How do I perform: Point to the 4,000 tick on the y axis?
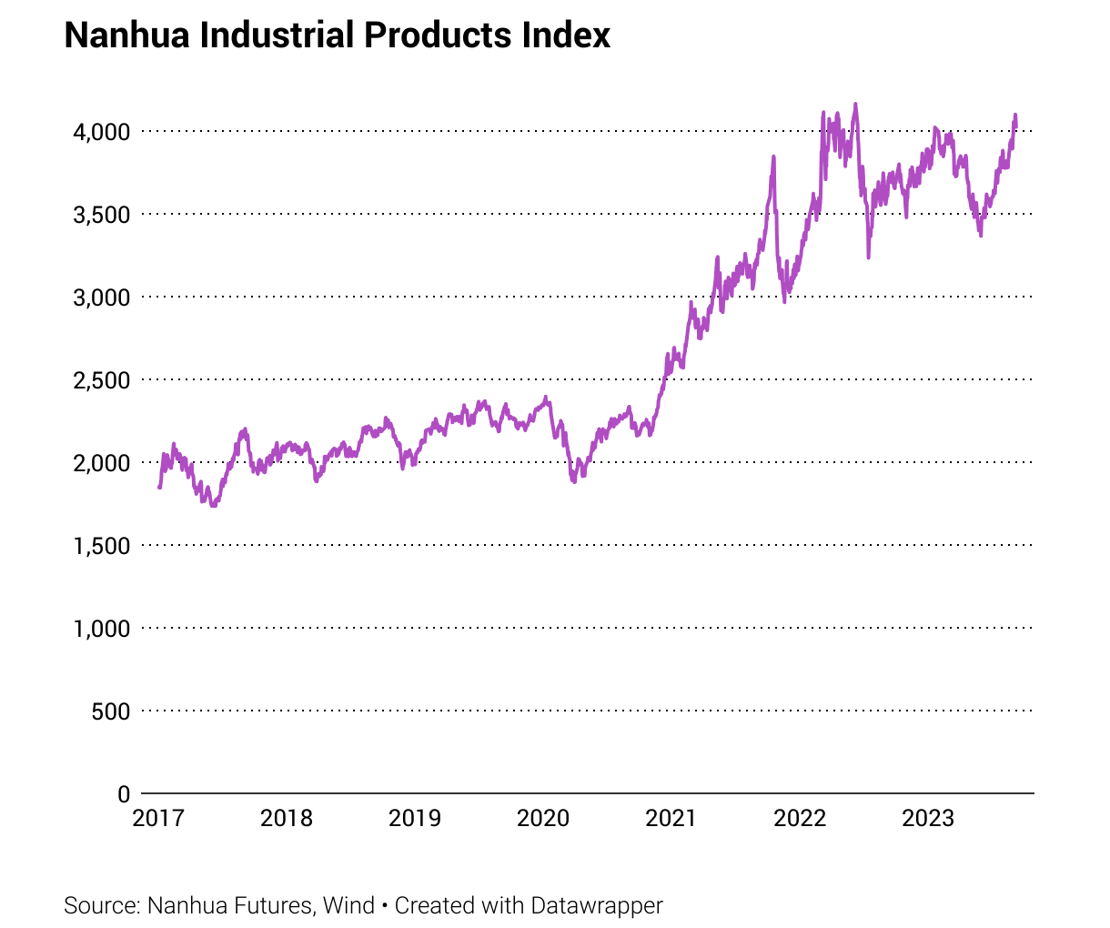[101, 132]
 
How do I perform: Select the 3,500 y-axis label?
[101, 215]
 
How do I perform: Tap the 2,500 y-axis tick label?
[101, 380]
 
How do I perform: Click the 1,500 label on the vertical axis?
[101, 546]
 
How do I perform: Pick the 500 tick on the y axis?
[111, 711]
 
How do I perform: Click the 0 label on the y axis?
[124, 794]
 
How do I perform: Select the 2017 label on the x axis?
[158, 818]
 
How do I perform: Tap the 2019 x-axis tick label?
[415, 818]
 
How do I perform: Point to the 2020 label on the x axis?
[543, 818]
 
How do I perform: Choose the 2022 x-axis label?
[800, 818]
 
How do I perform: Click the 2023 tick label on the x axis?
[928, 818]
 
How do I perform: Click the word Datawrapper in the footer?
[597, 906]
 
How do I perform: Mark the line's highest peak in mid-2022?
[855, 104]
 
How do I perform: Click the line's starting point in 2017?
[159, 488]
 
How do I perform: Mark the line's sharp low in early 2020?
[574, 481]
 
